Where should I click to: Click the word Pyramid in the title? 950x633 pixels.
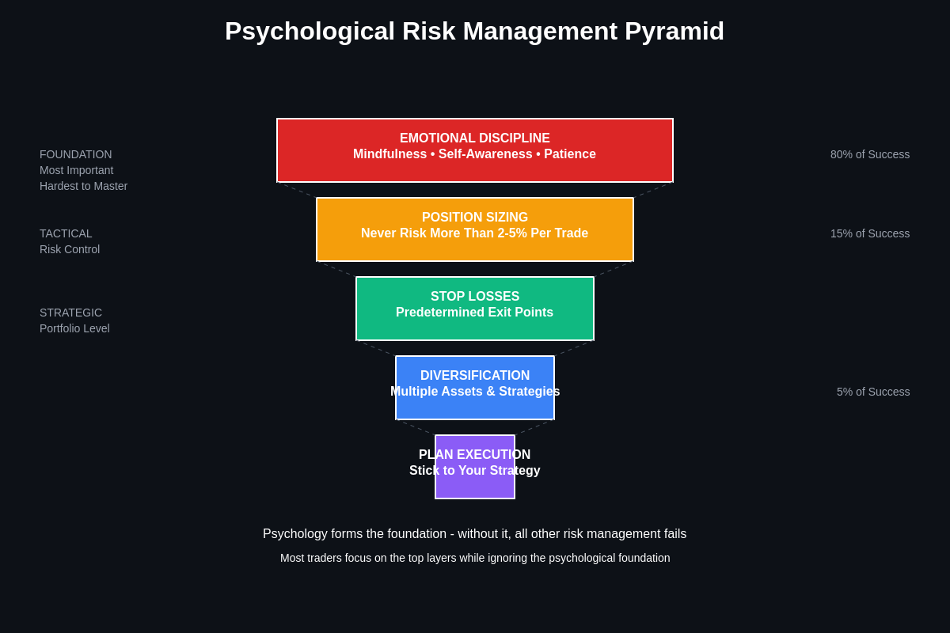pyautogui.click(x=674, y=32)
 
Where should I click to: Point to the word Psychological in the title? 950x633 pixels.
pyautogui.click(x=310, y=32)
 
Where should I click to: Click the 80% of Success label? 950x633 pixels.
pyautogui.click(x=869, y=154)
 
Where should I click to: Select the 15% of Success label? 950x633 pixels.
pyautogui.click(x=869, y=233)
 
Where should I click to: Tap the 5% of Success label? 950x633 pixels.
pyautogui.click(x=872, y=392)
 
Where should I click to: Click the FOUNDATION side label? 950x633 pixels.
pyautogui.click(x=76, y=154)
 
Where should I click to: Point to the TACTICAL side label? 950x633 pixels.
pyautogui.click(x=66, y=233)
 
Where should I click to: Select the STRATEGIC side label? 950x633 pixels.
pyautogui.click(x=70, y=313)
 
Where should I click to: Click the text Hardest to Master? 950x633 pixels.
pyautogui.click(x=83, y=186)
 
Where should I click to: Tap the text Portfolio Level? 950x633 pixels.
pyautogui.click(x=74, y=328)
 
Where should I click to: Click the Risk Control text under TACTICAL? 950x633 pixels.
pyautogui.click(x=70, y=249)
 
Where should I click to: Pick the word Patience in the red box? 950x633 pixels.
pyautogui.click(x=569, y=154)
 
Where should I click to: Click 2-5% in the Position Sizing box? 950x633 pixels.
pyautogui.click(x=512, y=233)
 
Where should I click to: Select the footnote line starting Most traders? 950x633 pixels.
pyautogui.click(x=475, y=558)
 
